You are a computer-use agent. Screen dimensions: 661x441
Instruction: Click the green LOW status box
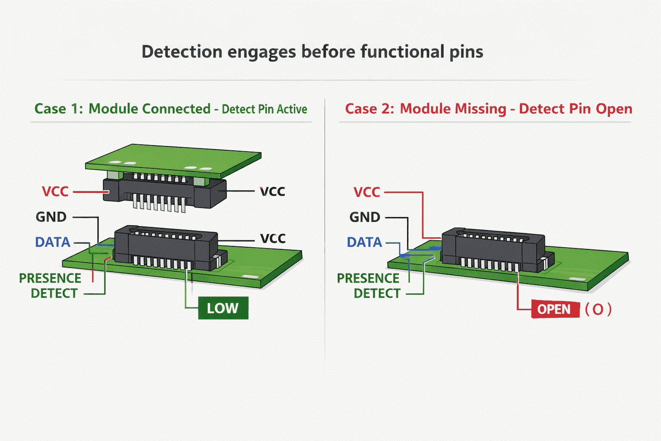[223, 308]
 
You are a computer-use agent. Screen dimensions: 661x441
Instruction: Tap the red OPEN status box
[555, 309]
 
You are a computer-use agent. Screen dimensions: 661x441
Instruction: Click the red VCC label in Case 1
[55, 191]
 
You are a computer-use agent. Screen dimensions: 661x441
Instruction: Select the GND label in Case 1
[51, 217]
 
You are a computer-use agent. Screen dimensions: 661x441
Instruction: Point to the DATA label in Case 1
[53, 242]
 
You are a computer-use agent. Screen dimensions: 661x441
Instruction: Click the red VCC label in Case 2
[367, 192]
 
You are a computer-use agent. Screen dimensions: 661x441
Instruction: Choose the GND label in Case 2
[365, 217]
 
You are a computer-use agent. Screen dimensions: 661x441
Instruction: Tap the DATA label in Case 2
[364, 242]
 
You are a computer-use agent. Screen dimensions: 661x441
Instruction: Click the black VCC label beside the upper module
[272, 191]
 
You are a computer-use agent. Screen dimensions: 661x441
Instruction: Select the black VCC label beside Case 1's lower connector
[273, 239]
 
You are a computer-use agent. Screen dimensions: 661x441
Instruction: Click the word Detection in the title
[182, 51]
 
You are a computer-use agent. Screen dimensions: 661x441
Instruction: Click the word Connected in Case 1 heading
[176, 109]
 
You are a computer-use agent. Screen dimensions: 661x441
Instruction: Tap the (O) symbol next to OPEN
[598, 309]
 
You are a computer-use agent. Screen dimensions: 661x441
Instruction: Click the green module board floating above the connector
[173, 161]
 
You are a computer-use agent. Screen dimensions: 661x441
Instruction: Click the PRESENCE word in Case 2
[368, 278]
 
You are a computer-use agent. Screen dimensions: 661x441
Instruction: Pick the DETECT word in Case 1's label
[54, 293]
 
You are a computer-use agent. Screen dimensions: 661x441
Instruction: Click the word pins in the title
[466, 52]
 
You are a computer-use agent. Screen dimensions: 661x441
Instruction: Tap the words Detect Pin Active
[264, 109]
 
